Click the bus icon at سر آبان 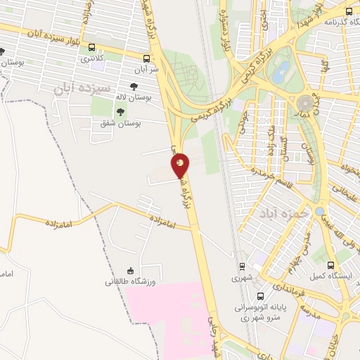(x=146, y=59)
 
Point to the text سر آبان (x=147, y=70)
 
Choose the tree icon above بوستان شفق (x=122, y=111)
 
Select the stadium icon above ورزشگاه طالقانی (x=129, y=271)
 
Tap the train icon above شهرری (x=242, y=266)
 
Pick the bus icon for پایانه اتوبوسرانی (x=261, y=296)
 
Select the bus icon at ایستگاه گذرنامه (x=350, y=11)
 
